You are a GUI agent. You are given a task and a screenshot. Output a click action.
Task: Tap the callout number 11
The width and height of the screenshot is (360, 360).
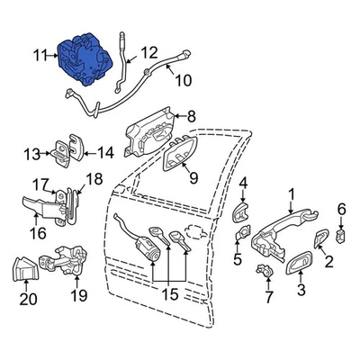click(x=39, y=58)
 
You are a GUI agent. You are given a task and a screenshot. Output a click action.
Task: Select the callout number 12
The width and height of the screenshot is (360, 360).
click(x=148, y=51)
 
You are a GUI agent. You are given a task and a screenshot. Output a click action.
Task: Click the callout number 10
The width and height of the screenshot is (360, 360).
click(x=183, y=81)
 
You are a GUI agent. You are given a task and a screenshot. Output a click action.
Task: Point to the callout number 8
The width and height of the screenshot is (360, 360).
click(x=191, y=115)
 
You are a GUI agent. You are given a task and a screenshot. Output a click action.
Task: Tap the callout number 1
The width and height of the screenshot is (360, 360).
click(x=291, y=193)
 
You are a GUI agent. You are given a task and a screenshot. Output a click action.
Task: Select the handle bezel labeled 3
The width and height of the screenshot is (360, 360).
click(x=294, y=262)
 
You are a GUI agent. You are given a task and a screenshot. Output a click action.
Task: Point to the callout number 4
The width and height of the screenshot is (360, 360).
click(x=243, y=184)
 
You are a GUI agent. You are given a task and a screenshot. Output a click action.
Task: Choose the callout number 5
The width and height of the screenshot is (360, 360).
click(x=238, y=262)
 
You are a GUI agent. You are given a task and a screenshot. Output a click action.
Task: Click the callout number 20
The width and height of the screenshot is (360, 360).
click(x=28, y=301)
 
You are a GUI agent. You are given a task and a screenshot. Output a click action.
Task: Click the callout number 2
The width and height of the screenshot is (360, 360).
click(x=328, y=262)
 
